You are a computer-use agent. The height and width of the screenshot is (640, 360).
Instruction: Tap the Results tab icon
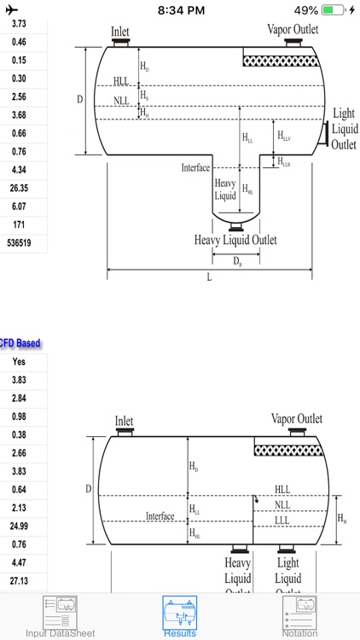(x=180, y=613)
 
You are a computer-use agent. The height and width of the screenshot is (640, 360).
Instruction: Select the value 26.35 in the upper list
(x=19, y=188)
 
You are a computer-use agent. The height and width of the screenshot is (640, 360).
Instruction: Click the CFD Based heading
(x=20, y=343)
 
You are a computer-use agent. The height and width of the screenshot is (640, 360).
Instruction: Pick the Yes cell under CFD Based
(x=19, y=362)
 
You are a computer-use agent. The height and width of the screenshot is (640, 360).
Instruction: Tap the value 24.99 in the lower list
(x=19, y=527)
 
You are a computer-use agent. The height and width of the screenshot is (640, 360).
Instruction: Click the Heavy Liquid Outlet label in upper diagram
(x=235, y=240)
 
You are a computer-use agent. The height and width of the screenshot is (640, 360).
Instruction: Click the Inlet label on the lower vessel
(x=125, y=422)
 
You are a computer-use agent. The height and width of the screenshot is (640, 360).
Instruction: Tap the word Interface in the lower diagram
(x=160, y=516)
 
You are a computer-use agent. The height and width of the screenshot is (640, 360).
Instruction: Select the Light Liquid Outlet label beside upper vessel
(x=344, y=129)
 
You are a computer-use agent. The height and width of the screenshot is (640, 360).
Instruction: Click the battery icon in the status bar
(x=334, y=10)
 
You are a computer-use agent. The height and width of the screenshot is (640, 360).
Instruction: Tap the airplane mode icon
(x=11, y=10)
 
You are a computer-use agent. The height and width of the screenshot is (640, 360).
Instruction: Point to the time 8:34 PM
(x=180, y=10)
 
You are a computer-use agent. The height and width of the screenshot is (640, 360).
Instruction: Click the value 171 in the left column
(x=19, y=224)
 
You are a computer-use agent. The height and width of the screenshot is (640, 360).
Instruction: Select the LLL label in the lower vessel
(x=282, y=521)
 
